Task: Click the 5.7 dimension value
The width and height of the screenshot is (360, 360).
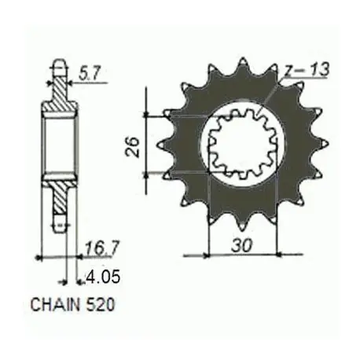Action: click(x=90, y=74)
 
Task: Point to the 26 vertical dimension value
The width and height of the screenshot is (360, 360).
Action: click(x=133, y=146)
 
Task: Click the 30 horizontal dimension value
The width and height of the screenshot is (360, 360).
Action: click(x=242, y=245)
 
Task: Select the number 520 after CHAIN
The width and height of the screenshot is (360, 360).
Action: click(x=101, y=304)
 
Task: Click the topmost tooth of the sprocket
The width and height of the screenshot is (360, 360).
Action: click(x=243, y=65)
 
